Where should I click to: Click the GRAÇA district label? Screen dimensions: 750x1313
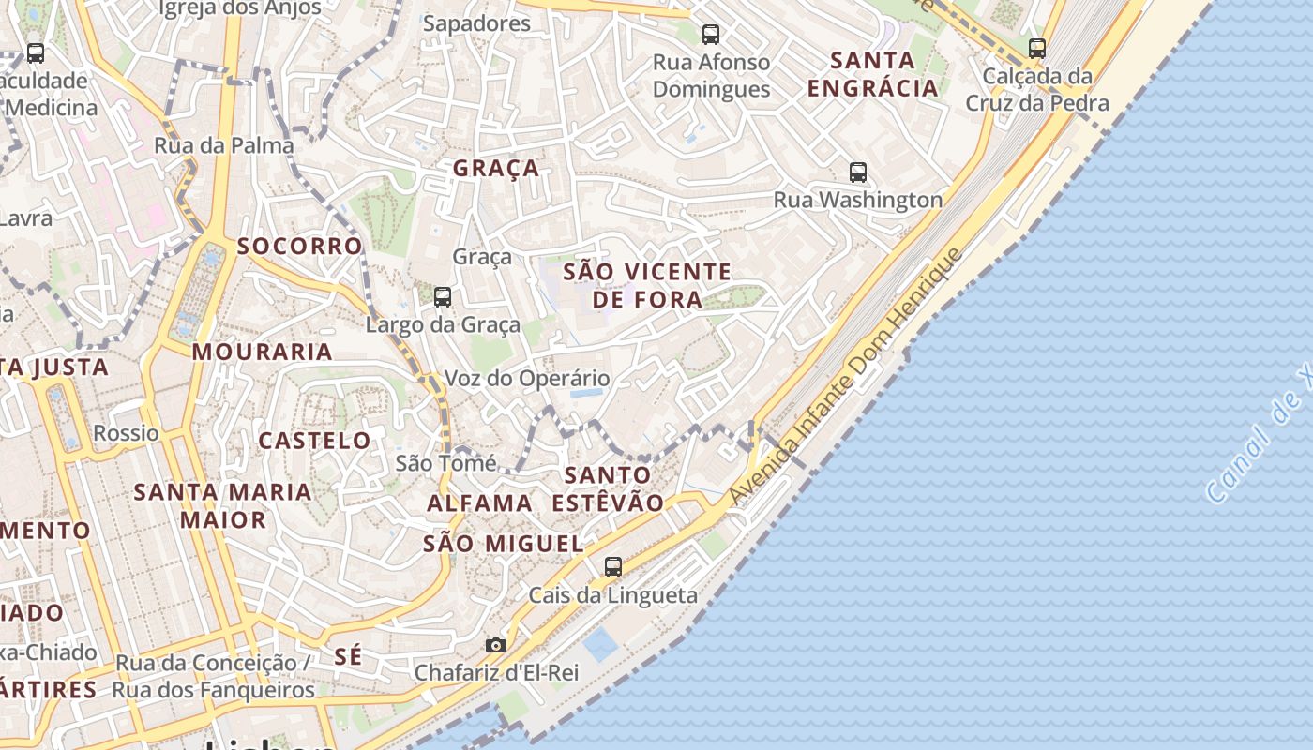[x=496, y=169]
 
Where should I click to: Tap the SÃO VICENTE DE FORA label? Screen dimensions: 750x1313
[x=647, y=286]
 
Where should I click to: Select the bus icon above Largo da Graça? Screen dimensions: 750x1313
[x=443, y=297]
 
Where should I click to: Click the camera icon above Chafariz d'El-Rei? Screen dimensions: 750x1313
[x=496, y=645]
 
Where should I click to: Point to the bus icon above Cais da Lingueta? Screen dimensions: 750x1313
[x=613, y=566]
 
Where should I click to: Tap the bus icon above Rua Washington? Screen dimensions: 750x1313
[x=858, y=172]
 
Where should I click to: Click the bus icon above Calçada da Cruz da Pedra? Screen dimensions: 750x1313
[x=1037, y=48]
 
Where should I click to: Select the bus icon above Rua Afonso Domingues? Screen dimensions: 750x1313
[x=711, y=35]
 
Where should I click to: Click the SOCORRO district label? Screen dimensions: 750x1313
[x=299, y=247]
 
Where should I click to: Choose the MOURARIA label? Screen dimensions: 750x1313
[x=263, y=352]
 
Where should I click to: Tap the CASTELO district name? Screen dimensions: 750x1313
[x=315, y=441]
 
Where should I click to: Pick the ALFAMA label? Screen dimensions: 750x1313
[x=480, y=503]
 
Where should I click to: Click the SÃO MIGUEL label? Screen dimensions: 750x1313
[x=504, y=544]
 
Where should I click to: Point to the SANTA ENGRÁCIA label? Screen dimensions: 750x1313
[x=872, y=74]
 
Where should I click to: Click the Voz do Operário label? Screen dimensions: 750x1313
[x=527, y=379]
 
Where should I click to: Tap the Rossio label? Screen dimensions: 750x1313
[x=126, y=433]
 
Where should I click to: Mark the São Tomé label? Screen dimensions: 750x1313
[x=445, y=463]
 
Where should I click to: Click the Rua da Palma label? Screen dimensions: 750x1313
[x=224, y=145]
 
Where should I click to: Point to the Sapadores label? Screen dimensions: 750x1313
[x=476, y=23]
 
